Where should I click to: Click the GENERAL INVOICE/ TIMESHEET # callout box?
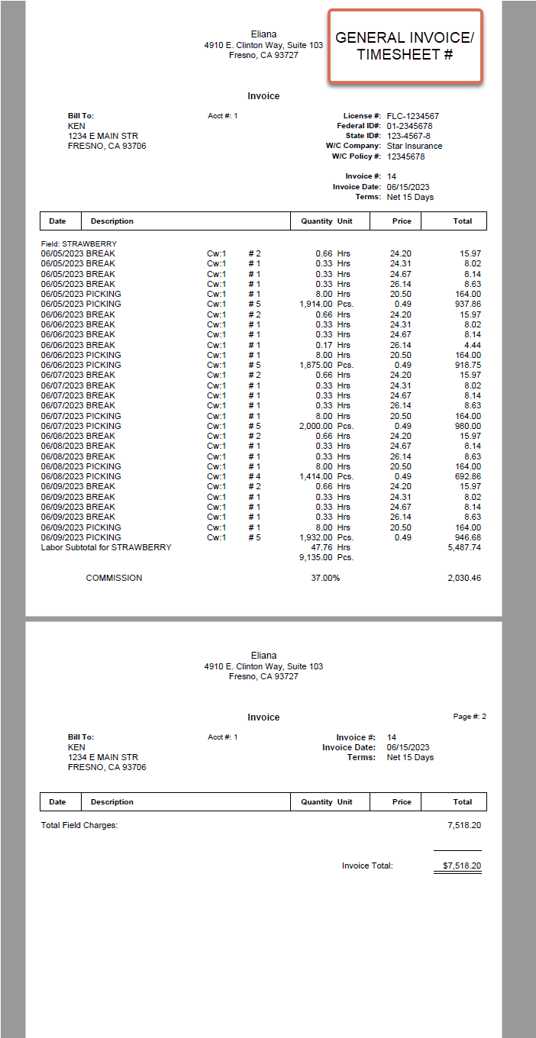405,46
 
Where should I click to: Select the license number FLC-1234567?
412,116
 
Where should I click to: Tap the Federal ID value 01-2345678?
409,126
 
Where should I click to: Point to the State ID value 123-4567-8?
408,136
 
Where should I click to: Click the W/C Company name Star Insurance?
414,146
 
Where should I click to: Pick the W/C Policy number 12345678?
405,156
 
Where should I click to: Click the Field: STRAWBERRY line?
79,244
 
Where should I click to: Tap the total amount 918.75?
467,365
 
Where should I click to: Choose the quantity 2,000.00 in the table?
316,426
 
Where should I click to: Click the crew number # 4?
254,476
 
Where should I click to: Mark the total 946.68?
467,537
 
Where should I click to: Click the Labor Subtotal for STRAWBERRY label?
106,547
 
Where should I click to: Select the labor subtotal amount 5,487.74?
463,547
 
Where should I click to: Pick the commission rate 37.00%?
324,578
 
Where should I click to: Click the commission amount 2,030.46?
463,578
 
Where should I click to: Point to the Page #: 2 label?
470,717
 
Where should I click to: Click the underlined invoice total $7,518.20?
462,866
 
